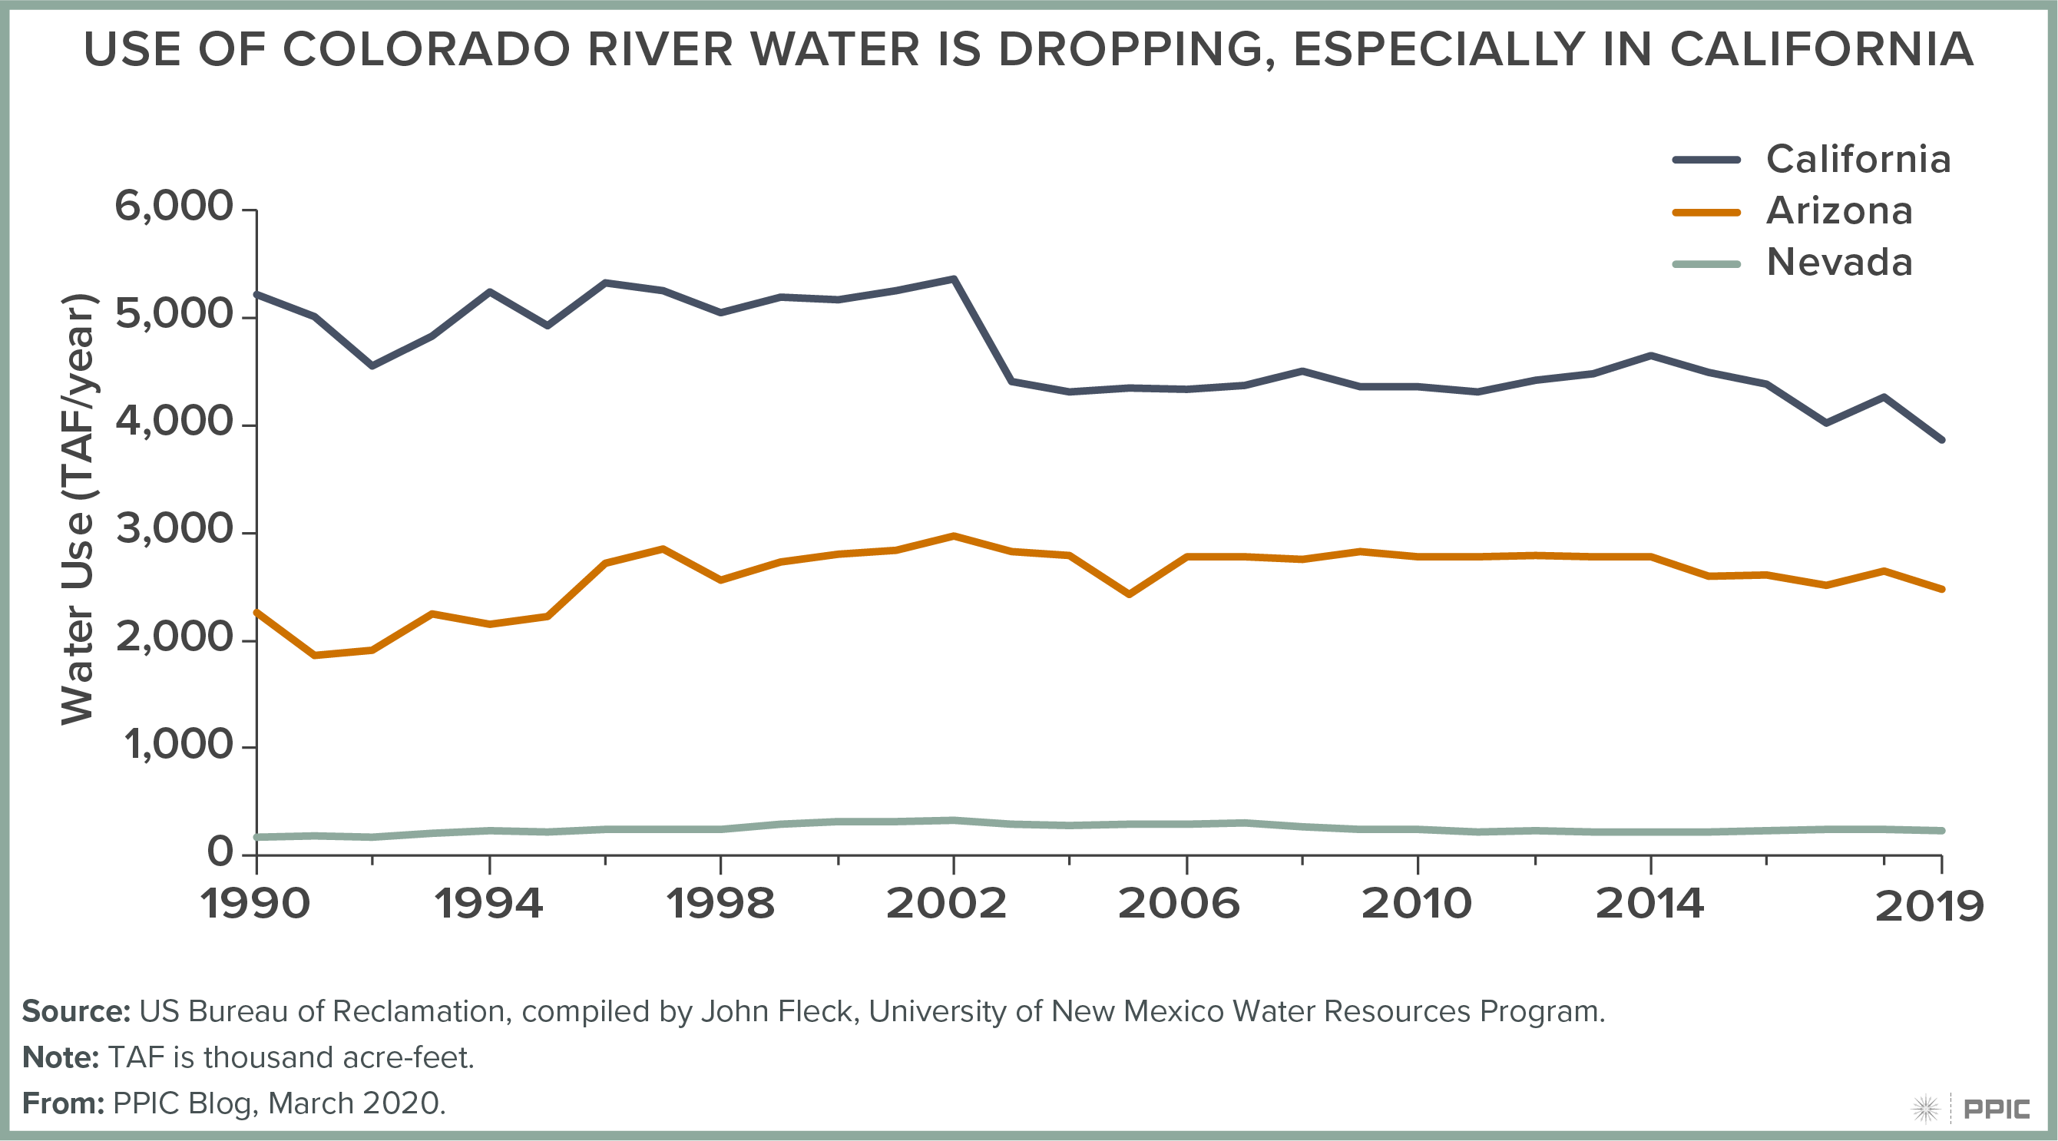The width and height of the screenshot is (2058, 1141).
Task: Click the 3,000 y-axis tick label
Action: pos(174,530)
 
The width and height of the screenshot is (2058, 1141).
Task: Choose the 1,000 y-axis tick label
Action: pos(177,746)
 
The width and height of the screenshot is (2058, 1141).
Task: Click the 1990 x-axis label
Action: pos(256,905)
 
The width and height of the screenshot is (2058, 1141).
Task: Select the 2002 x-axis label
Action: pos(947,905)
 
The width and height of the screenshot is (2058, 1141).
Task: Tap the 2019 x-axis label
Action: pos(1928,907)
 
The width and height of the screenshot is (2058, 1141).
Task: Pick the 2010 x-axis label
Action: pos(1417,905)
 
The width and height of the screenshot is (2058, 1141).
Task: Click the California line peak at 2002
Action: pos(954,279)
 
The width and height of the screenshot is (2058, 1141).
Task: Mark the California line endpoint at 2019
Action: pos(1942,439)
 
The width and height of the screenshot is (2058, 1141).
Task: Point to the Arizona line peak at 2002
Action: pos(954,536)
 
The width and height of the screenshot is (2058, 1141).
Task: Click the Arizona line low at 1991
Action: pos(315,655)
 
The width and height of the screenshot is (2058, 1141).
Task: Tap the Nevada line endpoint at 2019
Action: pos(1942,831)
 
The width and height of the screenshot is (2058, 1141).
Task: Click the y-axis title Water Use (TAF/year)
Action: pos(78,510)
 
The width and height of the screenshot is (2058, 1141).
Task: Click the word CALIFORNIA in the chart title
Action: pos(1821,50)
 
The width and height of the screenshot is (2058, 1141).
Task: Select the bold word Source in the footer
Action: pos(75,1011)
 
